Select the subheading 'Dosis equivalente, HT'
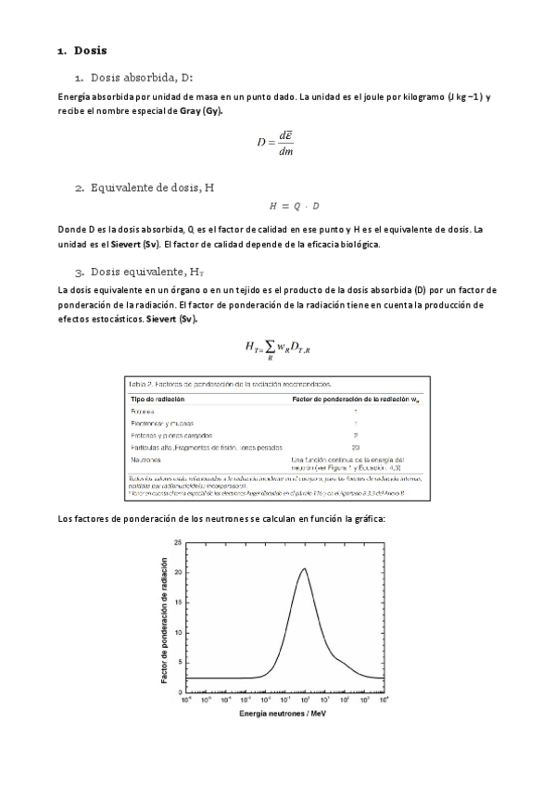(145, 272)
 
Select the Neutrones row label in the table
(146, 459)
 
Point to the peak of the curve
(303, 569)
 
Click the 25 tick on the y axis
(177, 541)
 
